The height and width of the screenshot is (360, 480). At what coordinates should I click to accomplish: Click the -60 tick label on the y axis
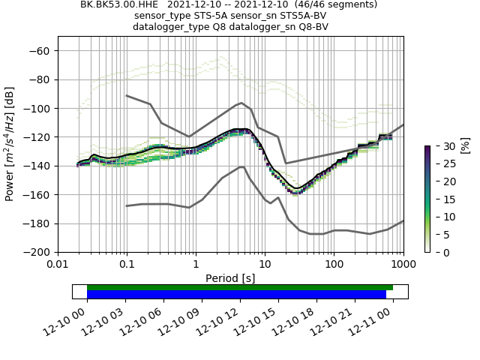pos(40,51)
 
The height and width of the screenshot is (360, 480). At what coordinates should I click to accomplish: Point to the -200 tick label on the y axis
pos(37,252)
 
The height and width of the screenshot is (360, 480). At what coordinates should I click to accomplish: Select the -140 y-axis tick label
pos(37,166)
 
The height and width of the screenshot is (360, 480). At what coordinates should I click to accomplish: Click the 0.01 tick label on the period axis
pos(58,265)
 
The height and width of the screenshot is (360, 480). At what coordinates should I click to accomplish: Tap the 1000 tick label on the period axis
pos(403,265)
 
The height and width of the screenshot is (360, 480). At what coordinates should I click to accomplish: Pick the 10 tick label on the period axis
pos(265,265)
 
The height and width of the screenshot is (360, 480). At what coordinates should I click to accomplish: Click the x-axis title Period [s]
pos(230,278)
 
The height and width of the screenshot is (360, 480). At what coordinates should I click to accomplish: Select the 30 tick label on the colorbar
pos(441,145)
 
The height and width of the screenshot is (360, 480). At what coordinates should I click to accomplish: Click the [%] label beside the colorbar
pos(465,145)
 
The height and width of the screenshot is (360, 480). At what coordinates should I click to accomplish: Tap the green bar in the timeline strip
pos(240,287)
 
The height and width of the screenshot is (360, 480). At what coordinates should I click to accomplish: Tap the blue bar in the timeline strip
pos(236,294)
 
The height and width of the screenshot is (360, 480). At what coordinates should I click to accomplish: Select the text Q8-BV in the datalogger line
pos(314,27)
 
